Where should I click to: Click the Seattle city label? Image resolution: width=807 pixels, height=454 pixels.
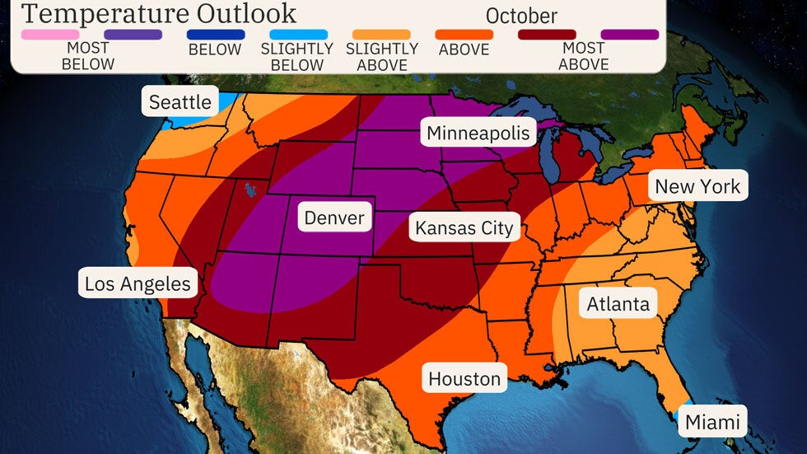click(180, 102)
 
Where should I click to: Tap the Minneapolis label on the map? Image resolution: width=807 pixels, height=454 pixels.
click(478, 133)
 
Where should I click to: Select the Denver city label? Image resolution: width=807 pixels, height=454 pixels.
click(334, 218)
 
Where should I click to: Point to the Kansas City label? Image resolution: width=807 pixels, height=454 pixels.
click(464, 227)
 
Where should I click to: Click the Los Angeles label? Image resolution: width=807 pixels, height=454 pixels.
click(138, 284)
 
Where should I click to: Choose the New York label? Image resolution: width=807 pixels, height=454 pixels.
click(697, 186)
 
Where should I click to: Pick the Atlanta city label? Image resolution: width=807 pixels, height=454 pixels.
click(618, 304)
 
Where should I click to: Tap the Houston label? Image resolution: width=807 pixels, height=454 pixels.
click(464, 379)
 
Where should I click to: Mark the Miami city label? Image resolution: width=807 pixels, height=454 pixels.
click(712, 422)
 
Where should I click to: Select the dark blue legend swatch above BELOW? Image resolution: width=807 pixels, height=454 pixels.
click(217, 35)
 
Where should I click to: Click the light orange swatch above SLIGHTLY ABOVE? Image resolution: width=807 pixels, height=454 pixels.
click(382, 35)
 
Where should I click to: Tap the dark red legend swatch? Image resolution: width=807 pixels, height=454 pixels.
click(547, 35)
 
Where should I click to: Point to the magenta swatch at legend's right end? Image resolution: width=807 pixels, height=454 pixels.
click(630, 35)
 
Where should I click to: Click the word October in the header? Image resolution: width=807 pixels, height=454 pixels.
click(521, 16)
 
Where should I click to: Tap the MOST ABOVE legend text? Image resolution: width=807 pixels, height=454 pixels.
click(583, 56)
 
